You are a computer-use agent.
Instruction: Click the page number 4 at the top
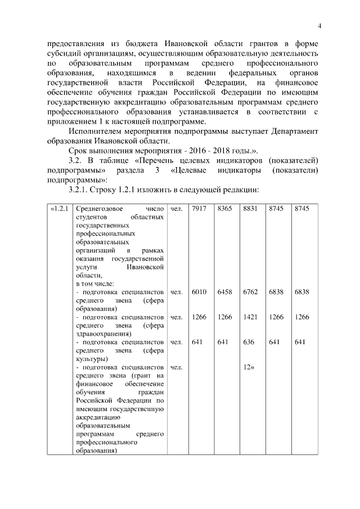click(319, 26)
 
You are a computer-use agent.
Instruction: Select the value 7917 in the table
click(199, 209)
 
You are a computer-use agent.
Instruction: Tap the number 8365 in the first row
click(224, 209)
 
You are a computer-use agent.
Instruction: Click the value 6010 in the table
click(199, 292)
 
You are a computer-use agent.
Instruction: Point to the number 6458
click(224, 292)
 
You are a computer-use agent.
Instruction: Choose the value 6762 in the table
click(250, 292)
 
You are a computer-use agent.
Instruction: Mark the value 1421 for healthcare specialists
click(250, 317)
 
